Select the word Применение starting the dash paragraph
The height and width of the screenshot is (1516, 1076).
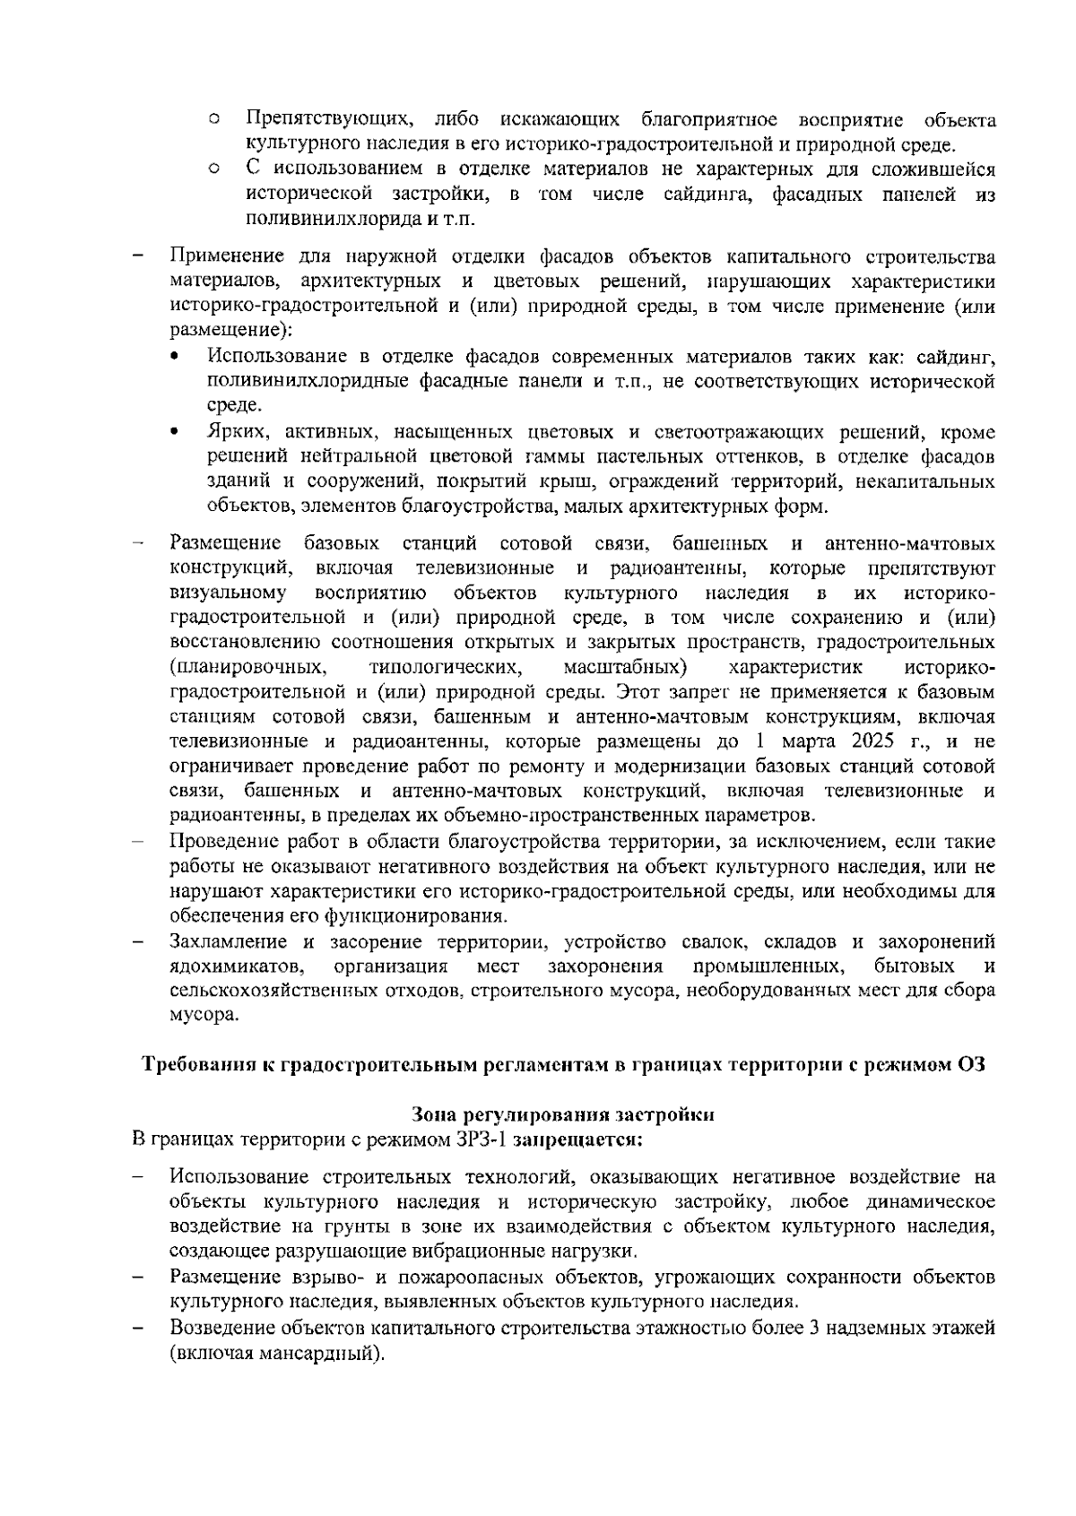(221, 258)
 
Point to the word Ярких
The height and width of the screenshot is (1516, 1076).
(233, 433)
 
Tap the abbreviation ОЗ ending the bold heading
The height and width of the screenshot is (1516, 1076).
(970, 1065)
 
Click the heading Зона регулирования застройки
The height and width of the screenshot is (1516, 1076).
(562, 1115)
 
